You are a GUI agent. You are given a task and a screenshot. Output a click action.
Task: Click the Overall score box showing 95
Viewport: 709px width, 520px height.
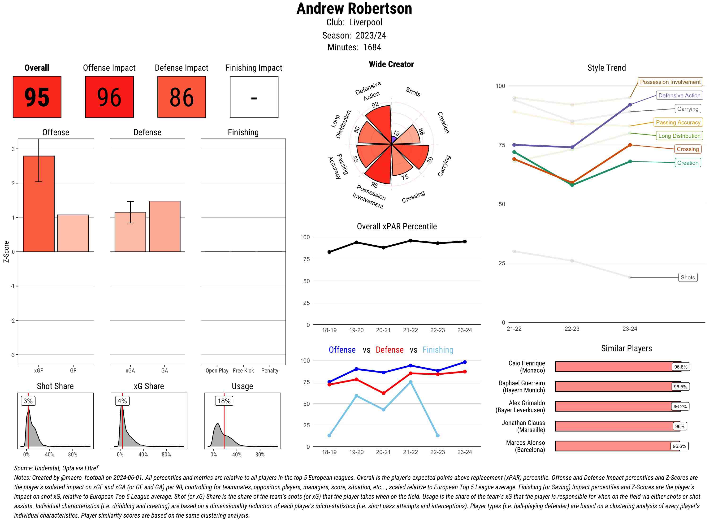tap(37, 97)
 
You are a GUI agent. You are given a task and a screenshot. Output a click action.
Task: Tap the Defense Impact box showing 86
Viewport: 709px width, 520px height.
tap(182, 97)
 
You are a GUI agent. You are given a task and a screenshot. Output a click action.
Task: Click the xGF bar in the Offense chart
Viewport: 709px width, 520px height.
tap(39, 204)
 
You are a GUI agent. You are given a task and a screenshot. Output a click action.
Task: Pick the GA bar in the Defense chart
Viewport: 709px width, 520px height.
tap(164, 226)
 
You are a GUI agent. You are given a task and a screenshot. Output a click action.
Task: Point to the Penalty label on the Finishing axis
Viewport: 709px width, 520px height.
tap(270, 370)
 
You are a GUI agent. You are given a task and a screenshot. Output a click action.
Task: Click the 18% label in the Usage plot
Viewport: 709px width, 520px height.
tap(224, 401)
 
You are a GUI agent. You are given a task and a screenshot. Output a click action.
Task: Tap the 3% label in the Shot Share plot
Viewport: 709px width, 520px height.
tap(28, 401)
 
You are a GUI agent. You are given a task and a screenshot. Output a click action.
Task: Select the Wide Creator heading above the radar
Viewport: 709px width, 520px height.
tap(391, 64)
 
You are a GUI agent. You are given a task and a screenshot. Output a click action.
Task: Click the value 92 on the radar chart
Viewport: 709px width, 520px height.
tap(375, 105)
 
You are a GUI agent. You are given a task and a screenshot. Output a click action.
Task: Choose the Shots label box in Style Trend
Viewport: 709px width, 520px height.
tap(687, 277)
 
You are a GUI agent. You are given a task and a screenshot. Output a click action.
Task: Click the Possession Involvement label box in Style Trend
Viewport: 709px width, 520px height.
tap(670, 82)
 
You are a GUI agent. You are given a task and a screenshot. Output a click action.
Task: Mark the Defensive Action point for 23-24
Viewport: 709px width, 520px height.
tap(630, 105)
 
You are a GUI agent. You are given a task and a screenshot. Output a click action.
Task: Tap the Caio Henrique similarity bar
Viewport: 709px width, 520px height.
tap(618, 367)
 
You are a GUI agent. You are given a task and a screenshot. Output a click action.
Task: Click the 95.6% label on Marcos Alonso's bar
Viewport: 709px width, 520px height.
tap(679, 446)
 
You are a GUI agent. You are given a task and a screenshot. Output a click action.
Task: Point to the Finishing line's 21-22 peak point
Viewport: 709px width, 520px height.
tap(410, 382)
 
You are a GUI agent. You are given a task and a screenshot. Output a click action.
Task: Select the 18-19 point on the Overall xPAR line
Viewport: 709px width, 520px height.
tap(329, 252)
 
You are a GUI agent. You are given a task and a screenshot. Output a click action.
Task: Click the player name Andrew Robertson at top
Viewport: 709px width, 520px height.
tap(354, 9)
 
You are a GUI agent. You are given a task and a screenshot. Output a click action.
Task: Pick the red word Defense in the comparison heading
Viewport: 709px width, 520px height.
tap(389, 350)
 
